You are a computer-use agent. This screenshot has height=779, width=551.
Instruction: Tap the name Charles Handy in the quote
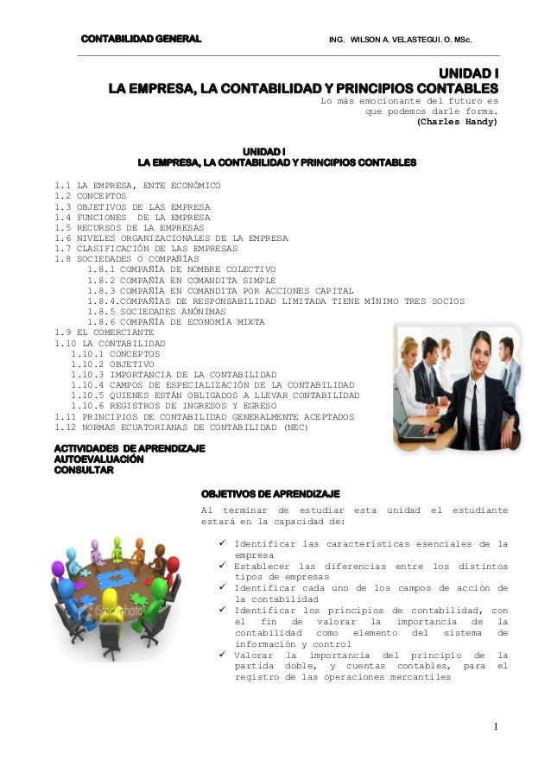coord(458,122)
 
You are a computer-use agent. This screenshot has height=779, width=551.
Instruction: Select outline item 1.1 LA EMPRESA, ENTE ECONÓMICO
coord(137,186)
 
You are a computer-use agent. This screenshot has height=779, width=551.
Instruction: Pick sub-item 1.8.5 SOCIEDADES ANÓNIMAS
coord(156,311)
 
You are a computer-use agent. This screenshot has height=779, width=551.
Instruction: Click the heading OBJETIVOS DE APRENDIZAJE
coord(270,493)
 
